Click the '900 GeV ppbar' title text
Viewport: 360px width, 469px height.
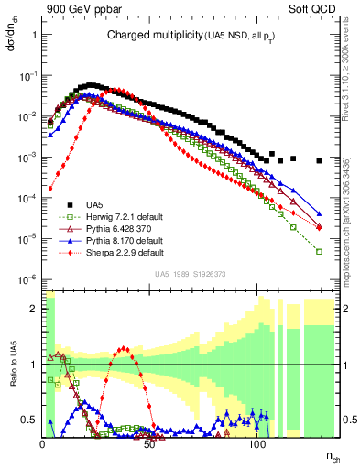(x=76, y=10)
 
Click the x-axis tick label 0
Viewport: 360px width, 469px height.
(x=43, y=443)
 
